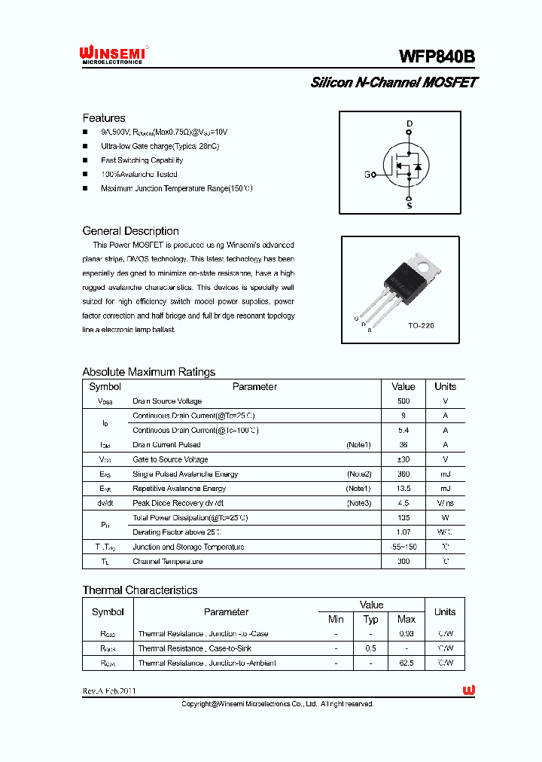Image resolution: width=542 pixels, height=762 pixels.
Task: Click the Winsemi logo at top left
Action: point(115,55)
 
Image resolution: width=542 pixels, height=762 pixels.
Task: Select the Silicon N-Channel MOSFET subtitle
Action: point(394,83)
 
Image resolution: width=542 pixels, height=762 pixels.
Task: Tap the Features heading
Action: point(104,118)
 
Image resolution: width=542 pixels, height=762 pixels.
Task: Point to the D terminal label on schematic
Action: point(410,123)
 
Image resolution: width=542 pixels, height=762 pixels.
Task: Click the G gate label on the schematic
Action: point(367,175)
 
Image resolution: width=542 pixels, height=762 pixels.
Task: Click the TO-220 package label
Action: point(422,326)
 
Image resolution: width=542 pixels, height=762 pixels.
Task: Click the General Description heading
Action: point(130,231)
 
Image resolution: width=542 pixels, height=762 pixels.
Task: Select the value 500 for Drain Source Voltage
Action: point(403,401)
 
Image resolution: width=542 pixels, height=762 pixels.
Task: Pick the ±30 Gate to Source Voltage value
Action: point(403,459)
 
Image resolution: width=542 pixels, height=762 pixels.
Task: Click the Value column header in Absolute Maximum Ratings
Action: point(403,386)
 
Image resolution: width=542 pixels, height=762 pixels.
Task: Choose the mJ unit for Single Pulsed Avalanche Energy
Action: point(445,474)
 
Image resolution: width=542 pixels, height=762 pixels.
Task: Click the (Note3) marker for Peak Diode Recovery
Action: point(358,503)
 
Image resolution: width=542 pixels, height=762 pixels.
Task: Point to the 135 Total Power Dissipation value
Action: point(403,518)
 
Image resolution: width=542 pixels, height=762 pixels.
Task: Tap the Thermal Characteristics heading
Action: point(140,590)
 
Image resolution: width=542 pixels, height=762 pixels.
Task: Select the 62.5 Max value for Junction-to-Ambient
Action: point(406,663)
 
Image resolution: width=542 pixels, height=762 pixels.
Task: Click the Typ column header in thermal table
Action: point(371,619)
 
